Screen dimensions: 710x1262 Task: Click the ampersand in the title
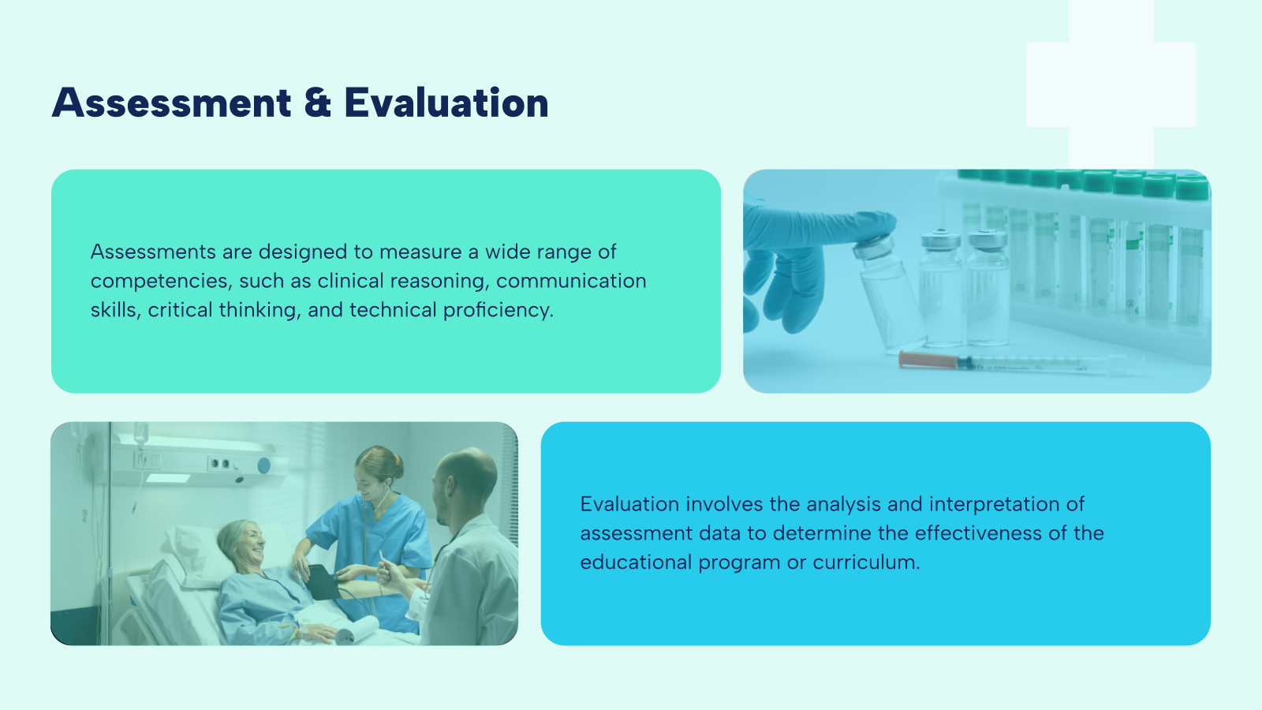(317, 103)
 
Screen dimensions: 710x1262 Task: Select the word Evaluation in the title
(446, 103)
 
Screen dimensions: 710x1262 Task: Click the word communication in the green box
(571, 281)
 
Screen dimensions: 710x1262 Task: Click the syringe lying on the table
(1017, 363)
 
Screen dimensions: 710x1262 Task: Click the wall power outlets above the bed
(222, 464)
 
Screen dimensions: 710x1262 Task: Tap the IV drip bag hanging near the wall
(140, 434)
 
